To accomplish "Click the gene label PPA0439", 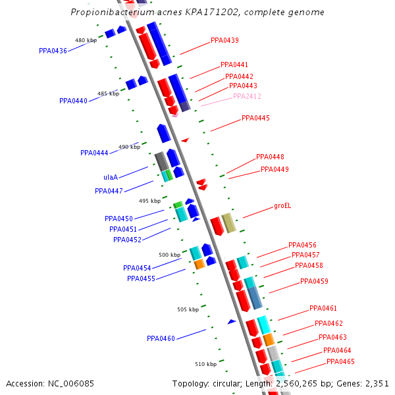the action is click(x=224, y=40).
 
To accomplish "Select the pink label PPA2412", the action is click(x=247, y=96).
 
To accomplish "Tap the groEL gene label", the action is click(x=282, y=205).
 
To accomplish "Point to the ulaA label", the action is click(x=111, y=177).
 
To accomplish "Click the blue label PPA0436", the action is click(x=53, y=51).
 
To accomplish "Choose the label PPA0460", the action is click(x=161, y=338).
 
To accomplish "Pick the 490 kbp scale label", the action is click(x=129, y=147).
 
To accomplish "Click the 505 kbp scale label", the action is click(x=188, y=309).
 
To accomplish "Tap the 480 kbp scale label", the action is click(x=86, y=40).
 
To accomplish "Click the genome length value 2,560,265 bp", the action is click(x=320, y=383).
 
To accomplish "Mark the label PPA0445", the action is click(x=255, y=118).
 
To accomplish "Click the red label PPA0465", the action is click(x=340, y=361).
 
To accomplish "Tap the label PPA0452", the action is click(x=127, y=240).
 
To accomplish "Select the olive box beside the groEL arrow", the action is click(x=228, y=223).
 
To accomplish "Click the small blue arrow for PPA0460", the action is click(x=232, y=321).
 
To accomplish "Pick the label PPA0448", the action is click(x=270, y=157).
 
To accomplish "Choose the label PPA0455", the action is click(x=141, y=278).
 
